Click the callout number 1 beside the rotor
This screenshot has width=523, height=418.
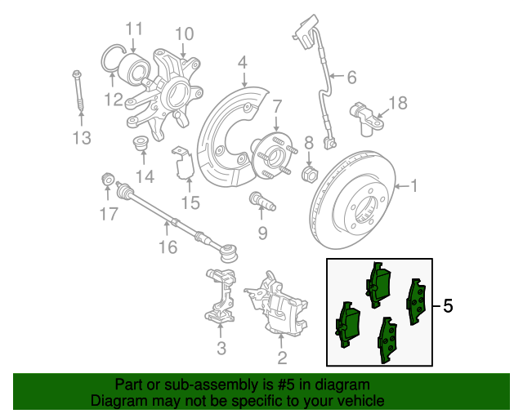413,187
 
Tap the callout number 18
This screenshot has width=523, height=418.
396,103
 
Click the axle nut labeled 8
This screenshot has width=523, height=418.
310,173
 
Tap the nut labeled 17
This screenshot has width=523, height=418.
106,180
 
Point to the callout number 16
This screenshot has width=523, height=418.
167,246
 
